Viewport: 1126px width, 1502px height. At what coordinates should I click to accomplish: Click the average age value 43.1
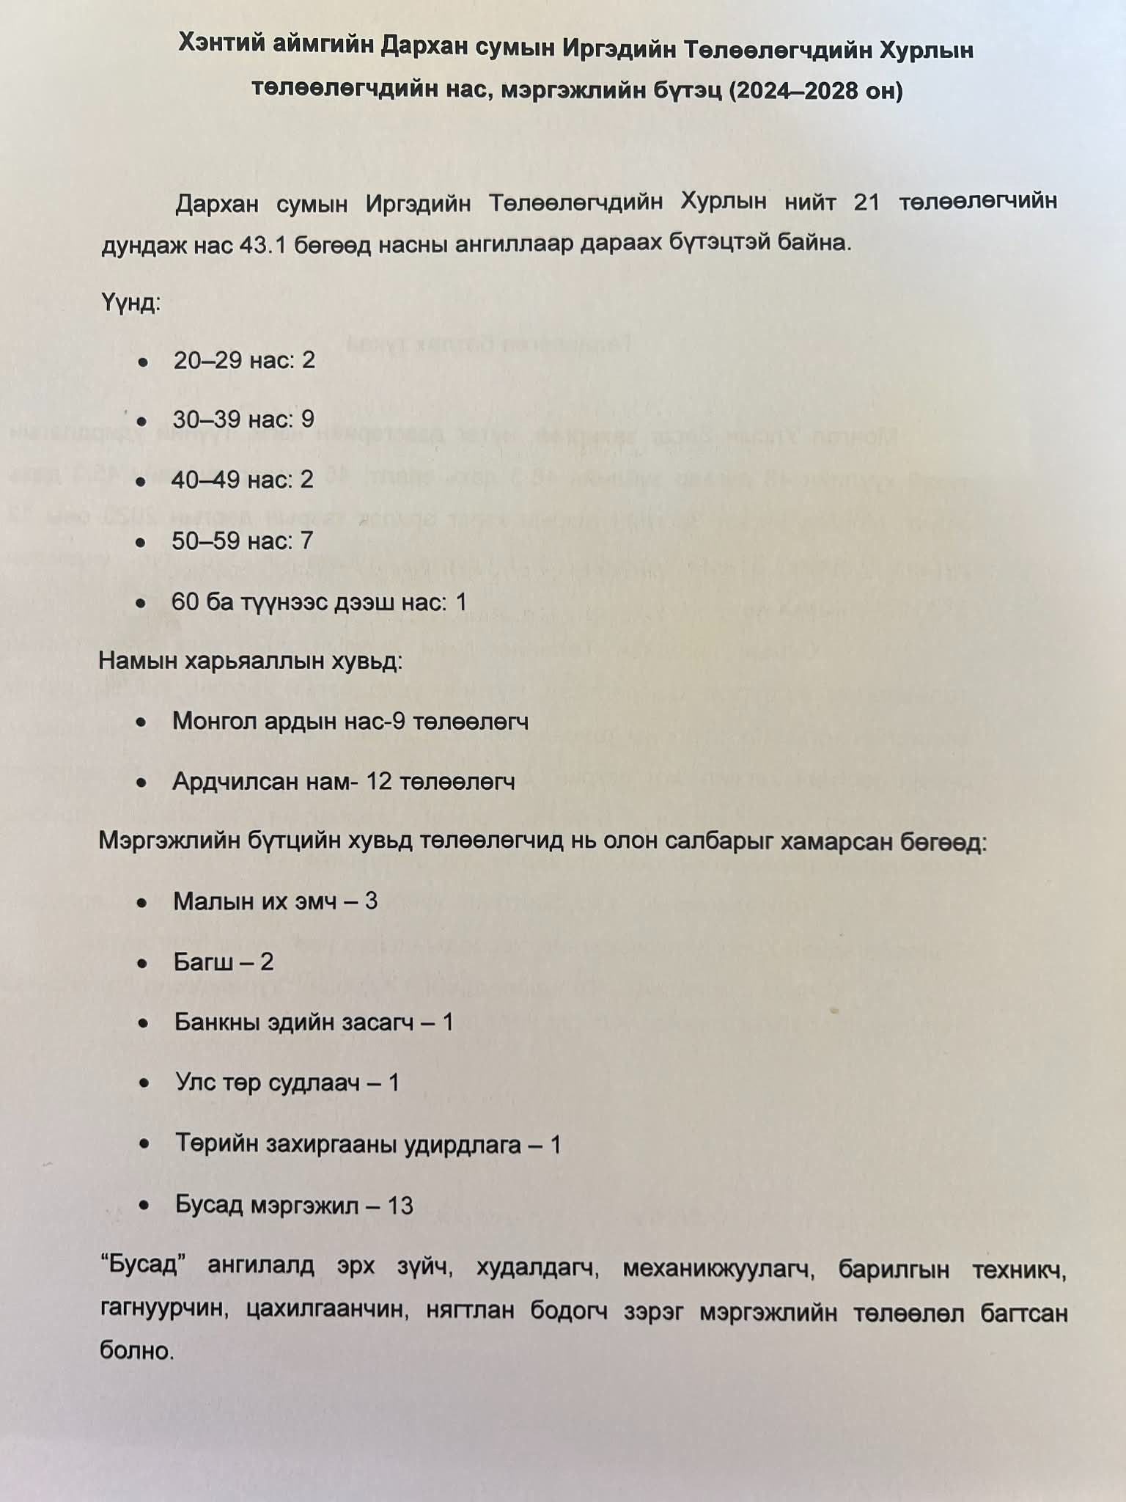point(262,244)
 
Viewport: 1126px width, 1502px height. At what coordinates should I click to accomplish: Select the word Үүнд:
point(130,302)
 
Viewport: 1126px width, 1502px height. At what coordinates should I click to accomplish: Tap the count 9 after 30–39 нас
point(307,420)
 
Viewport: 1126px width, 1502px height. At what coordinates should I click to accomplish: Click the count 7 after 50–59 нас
point(306,541)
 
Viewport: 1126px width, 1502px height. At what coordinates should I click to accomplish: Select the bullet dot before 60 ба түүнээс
point(141,604)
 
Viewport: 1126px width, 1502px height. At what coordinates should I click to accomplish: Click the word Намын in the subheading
point(138,662)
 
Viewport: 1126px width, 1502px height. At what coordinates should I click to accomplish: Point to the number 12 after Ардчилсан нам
point(379,782)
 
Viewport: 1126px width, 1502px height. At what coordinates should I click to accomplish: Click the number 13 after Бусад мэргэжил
point(400,1206)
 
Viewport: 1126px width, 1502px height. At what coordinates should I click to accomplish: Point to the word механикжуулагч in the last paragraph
point(718,1270)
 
